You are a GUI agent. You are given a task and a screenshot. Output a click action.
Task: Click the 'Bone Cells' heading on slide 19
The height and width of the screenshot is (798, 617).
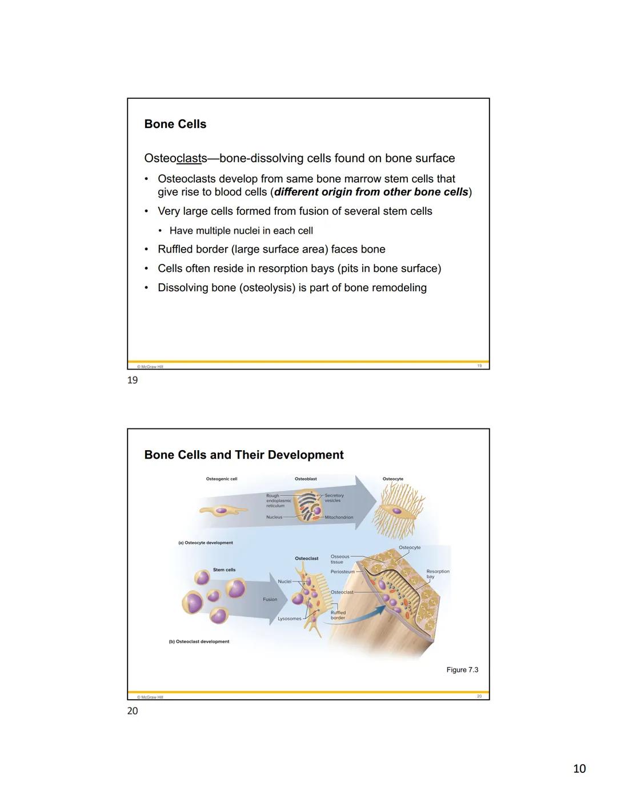click(x=175, y=124)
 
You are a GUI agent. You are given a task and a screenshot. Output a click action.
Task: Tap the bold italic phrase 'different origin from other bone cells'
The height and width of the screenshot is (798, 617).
click(x=371, y=192)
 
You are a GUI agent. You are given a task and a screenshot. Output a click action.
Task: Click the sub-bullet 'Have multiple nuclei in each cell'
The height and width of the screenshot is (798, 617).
click(x=241, y=231)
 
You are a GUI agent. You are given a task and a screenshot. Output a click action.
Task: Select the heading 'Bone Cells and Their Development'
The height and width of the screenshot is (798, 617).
click(x=244, y=455)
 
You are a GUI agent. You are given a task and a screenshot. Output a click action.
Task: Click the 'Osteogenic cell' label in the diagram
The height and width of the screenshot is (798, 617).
click(x=221, y=479)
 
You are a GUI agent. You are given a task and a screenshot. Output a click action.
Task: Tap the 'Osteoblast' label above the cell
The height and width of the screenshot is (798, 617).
click(x=306, y=479)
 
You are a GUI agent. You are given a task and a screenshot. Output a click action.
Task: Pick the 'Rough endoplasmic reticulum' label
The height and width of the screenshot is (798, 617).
click(x=278, y=500)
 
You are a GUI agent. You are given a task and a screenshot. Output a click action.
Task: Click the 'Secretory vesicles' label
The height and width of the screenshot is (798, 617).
click(x=334, y=498)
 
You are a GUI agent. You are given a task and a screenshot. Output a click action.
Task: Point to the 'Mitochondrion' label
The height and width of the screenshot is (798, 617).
click(x=339, y=518)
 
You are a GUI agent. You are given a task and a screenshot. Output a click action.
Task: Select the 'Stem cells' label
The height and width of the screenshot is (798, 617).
click(x=224, y=570)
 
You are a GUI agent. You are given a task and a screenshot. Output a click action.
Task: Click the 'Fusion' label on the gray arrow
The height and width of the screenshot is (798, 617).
click(x=270, y=599)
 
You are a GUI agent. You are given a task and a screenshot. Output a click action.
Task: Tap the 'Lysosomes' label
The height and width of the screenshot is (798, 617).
click(x=289, y=619)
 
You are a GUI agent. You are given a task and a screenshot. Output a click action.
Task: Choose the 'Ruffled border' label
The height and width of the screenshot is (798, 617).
click(x=338, y=615)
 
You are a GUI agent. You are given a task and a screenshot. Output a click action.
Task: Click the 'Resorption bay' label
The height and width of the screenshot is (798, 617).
click(x=438, y=574)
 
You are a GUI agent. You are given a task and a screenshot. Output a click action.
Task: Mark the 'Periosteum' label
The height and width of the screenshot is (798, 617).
click(x=342, y=571)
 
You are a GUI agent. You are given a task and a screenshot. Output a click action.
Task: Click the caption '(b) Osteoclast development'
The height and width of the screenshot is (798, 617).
click(x=199, y=641)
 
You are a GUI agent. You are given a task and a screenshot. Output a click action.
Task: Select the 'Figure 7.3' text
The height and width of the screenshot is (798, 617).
click(x=462, y=669)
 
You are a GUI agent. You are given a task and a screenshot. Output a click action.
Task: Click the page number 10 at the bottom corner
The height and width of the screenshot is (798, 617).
click(x=579, y=769)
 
